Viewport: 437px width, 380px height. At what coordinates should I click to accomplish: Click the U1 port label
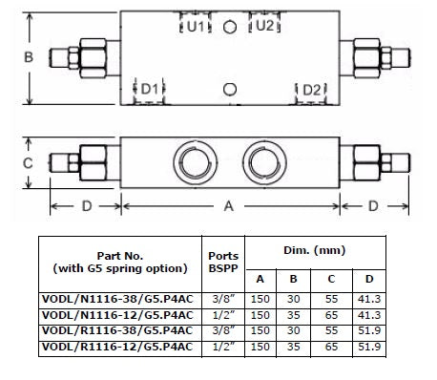pos(195,26)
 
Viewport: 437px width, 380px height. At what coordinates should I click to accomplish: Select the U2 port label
pos(264,25)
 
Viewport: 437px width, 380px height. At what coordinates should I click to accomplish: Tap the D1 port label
pos(149,90)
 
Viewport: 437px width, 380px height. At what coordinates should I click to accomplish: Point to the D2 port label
pos(312,90)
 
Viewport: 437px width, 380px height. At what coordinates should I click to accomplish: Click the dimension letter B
pos(29,57)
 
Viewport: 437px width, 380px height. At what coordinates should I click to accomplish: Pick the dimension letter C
pos(28,163)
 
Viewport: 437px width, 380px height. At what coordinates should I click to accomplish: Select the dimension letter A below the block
pos(229,206)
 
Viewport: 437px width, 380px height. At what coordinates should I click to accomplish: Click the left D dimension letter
pos(87,206)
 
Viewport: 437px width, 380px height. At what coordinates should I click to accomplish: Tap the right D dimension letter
pos(373,206)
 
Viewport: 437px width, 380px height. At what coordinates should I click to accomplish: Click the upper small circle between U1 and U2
pos(230,27)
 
